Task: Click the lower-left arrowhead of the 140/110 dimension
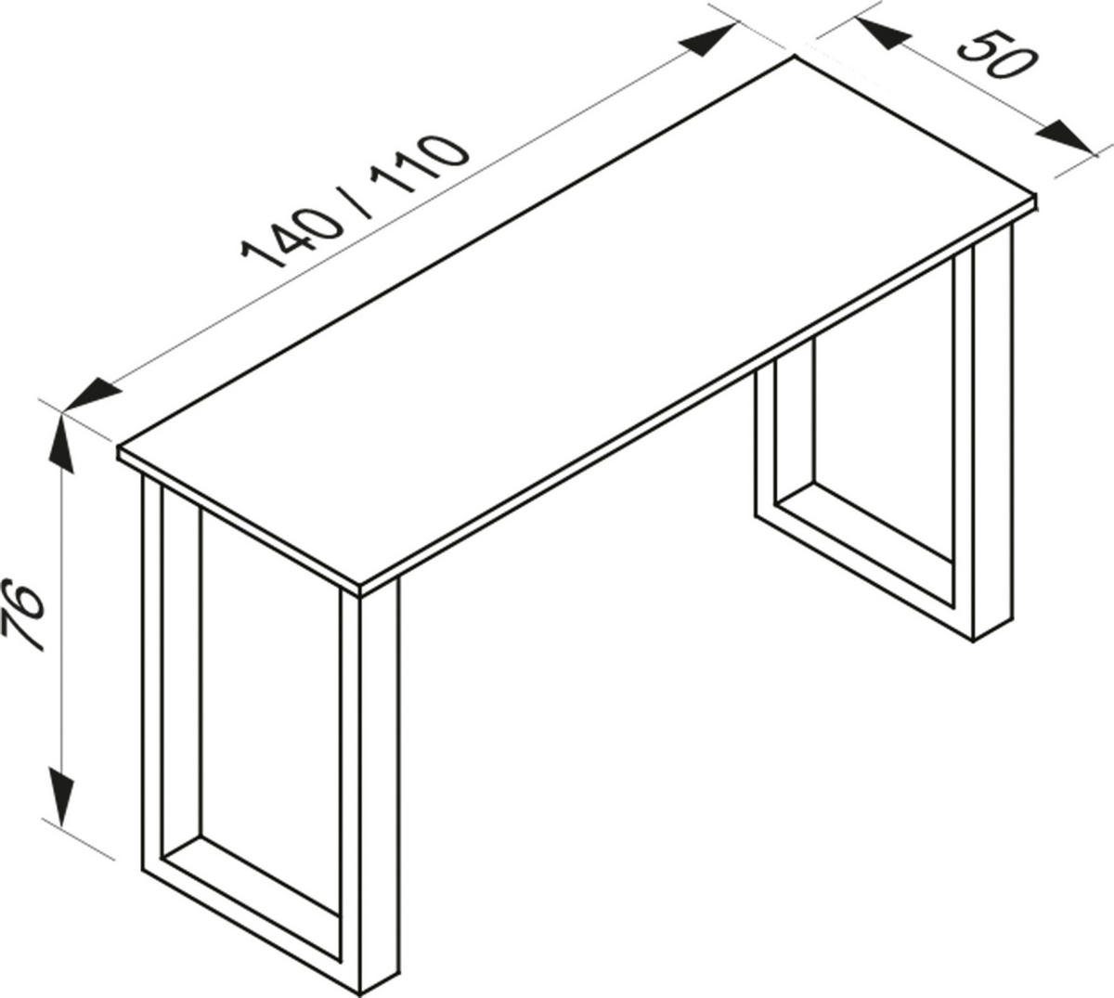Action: [93, 394]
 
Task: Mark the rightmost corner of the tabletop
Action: [1034, 200]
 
